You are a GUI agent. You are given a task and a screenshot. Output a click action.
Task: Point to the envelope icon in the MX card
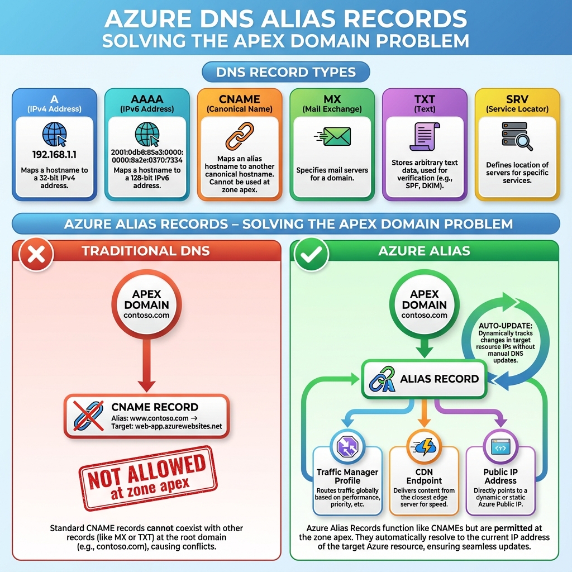click(x=333, y=136)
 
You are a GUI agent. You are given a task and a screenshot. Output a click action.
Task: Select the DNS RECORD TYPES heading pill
click(x=285, y=72)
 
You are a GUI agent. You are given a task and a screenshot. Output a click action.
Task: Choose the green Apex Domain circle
click(x=425, y=304)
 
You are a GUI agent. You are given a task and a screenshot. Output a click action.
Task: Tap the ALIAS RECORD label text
click(x=439, y=379)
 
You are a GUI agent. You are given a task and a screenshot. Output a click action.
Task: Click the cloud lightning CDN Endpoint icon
click(x=424, y=447)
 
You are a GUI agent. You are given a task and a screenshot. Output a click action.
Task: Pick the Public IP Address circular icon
click(x=500, y=447)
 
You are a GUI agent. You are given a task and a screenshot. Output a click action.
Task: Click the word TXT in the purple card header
click(x=425, y=99)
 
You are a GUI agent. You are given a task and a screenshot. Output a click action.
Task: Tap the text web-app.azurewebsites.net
click(x=178, y=426)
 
